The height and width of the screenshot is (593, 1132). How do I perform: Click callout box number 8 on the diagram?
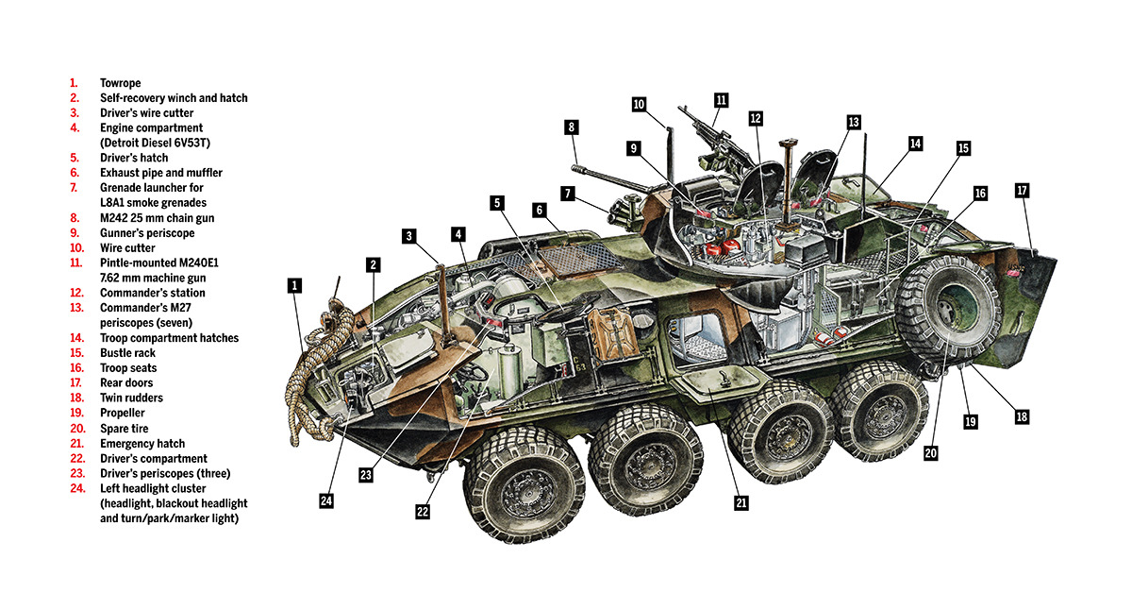[571, 127]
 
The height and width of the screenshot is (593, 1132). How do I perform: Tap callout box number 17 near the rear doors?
[1022, 190]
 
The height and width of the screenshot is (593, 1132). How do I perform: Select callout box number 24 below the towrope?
[325, 500]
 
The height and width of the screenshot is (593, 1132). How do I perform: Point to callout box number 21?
[741, 503]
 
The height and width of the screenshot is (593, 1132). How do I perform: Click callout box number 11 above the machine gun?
[722, 99]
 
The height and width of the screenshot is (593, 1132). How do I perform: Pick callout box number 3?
[408, 235]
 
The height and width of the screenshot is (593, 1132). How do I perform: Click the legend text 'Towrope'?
[120, 83]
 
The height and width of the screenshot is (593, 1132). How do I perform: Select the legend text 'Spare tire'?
[124, 428]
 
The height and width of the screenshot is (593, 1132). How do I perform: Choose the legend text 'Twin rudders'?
[130, 398]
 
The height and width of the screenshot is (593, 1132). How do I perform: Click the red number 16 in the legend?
[75, 368]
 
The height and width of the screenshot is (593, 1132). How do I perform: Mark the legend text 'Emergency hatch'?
[142, 443]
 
